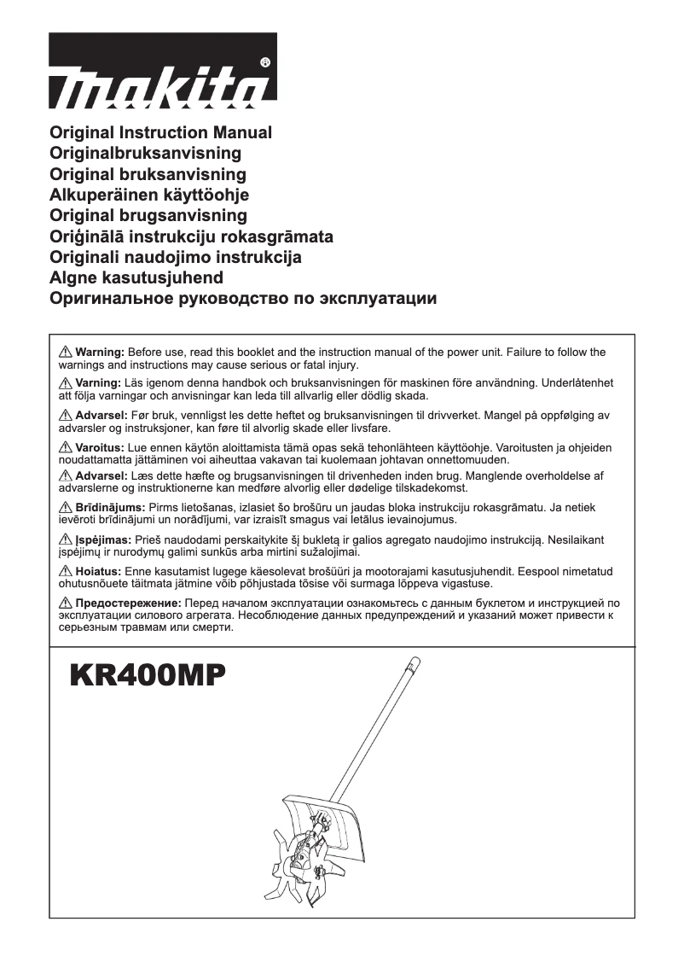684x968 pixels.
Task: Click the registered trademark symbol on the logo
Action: tap(264, 62)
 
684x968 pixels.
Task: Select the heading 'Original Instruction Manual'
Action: tap(161, 133)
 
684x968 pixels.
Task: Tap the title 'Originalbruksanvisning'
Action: tap(146, 154)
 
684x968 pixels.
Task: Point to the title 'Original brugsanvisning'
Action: tap(149, 215)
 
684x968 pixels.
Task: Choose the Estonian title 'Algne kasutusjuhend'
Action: tap(137, 277)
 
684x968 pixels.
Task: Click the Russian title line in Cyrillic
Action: tap(244, 299)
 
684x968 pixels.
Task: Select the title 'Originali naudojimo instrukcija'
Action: tap(176, 257)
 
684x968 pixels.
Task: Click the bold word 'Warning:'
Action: tap(101, 352)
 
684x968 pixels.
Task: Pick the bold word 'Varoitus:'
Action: tap(100, 446)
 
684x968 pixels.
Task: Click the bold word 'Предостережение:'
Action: tap(128, 602)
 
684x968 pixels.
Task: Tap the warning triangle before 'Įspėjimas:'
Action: tap(66, 539)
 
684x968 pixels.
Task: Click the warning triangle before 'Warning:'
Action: tap(66, 352)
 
